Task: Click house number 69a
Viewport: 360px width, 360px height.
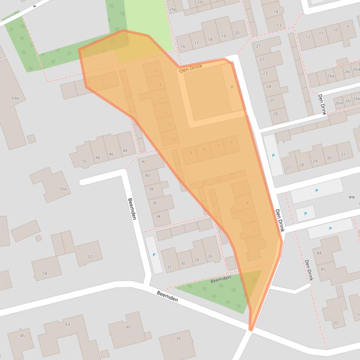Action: pyautogui.click(x=15, y=98)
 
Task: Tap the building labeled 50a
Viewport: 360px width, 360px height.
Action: pyautogui.click(x=63, y=189)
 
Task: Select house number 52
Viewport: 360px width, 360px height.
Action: pyautogui.click(x=90, y=256)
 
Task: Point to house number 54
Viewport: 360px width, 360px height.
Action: pyautogui.click(x=45, y=273)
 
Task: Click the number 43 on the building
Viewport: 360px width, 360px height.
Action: pyautogui.click(x=67, y=324)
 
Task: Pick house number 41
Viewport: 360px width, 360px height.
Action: pyautogui.click(x=129, y=327)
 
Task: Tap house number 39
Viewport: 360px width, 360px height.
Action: pyautogui.click(x=178, y=338)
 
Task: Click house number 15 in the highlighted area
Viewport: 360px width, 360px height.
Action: pyautogui.click(x=156, y=72)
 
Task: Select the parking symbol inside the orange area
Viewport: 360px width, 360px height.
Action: pyautogui.click(x=232, y=87)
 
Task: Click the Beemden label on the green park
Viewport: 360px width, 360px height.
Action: pyautogui.click(x=220, y=279)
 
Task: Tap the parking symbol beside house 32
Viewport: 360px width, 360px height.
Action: pyautogui.click(x=154, y=255)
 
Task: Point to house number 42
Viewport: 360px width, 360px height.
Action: pyautogui.click(x=144, y=162)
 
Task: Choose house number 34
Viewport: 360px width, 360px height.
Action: pyautogui.click(x=158, y=216)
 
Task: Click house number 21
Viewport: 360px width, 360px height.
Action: pyautogui.click(x=258, y=46)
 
